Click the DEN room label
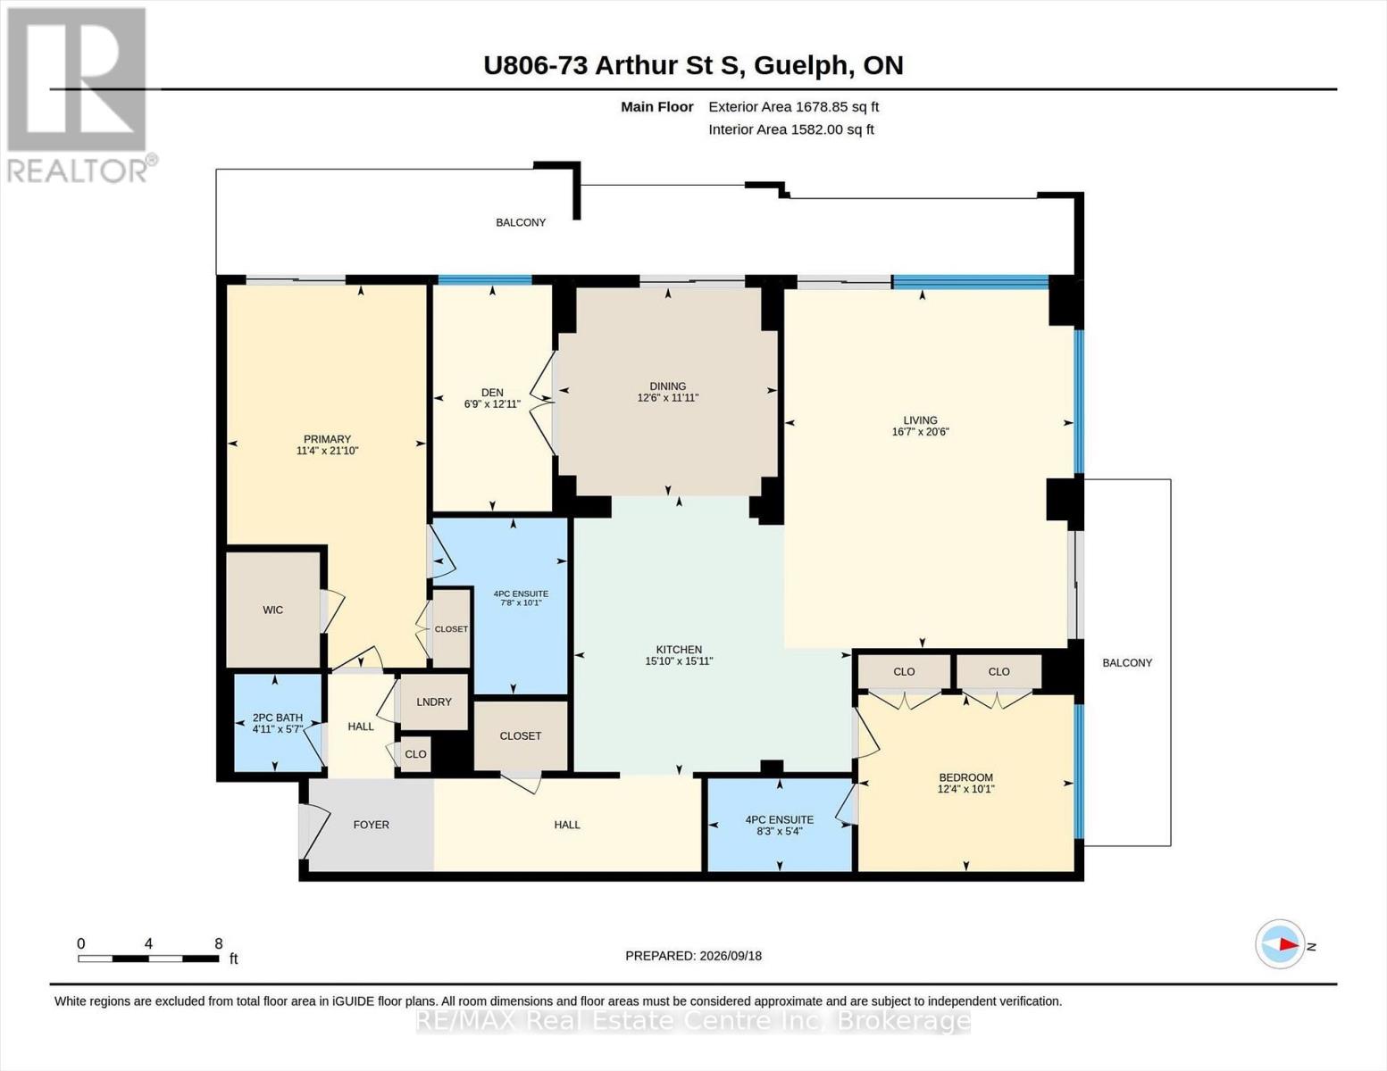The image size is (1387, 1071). (x=492, y=393)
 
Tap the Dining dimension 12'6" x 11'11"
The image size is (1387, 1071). (x=668, y=397)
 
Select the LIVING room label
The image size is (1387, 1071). (x=920, y=420)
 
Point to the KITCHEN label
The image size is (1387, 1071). (x=679, y=650)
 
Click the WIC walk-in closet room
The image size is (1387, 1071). (x=273, y=610)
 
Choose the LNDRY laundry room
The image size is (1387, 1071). (x=433, y=702)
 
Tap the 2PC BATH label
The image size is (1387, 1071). (x=277, y=718)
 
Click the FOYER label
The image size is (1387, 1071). (x=371, y=825)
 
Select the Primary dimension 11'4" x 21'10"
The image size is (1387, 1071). (x=328, y=451)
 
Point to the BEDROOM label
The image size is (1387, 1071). (x=965, y=777)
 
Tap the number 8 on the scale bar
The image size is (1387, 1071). (x=218, y=943)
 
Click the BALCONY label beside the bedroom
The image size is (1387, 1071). (x=1126, y=663)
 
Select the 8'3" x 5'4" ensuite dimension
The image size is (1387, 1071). (x=780, y=831)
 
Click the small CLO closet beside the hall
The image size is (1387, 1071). (x=415, y=754)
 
